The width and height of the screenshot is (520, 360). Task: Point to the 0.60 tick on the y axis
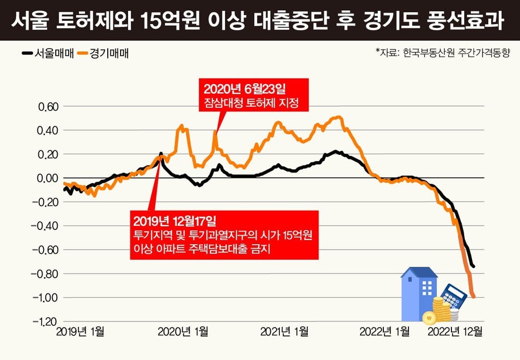pyautogui.click(x=48, y=107)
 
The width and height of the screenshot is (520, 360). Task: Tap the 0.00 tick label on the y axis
pyautogui.click(x=48, y=178)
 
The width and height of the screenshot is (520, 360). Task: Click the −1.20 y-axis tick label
pyautogui.click(x=46, y=321)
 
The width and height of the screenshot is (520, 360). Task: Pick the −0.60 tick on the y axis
pyautogui.click(x=46, y=250)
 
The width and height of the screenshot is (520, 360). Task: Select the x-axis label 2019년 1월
pyautogui.click(x=80, y=332)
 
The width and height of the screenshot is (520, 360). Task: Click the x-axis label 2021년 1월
pyautogui.click(x=284, y=332)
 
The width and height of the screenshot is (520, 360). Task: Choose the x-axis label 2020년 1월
pyautogui.click(x=183, y=332)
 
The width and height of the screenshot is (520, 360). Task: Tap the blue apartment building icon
pyautogui.click(x=419, y=294)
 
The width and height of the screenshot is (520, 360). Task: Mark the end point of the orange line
pyautogui.click(x=473, y=296)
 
